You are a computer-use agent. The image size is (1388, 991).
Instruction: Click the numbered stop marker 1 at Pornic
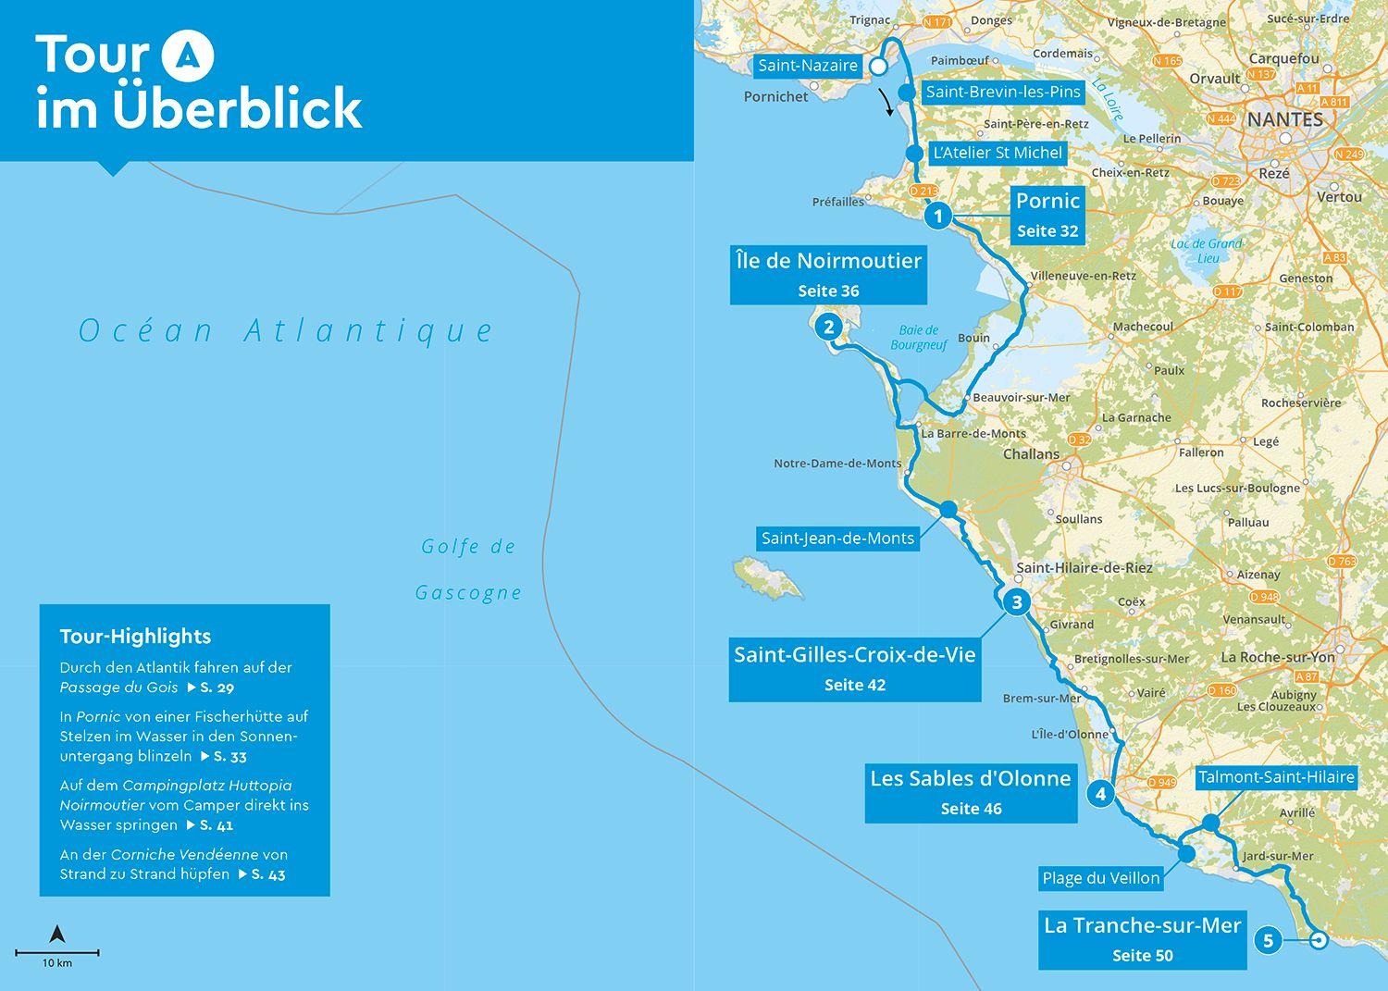click(937, 216)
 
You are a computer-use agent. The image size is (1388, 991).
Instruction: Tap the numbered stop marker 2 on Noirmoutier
click(828, 327)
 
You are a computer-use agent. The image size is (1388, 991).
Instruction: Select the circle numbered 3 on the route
click(1016, 602)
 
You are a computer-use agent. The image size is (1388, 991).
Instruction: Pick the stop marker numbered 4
click(1100, 794)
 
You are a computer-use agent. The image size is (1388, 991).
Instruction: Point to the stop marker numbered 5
click(1268, 941)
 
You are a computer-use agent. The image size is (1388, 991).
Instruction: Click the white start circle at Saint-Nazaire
click(878, 68)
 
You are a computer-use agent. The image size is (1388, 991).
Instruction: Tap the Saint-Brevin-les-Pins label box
click(1003, 92)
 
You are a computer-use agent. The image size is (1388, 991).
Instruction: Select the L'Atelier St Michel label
click(998, 153)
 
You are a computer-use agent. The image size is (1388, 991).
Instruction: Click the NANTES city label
click(1284, 119)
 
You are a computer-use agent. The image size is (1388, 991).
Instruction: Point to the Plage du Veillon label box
click(1100, 878)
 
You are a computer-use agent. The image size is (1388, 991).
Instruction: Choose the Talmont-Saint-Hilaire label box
click(1276, 777)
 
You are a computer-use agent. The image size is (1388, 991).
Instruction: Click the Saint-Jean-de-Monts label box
click(837, 538)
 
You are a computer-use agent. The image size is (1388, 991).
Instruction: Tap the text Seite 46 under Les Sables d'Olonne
click(971, 809)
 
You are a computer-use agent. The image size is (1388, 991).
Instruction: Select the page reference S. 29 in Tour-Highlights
click(218, 688)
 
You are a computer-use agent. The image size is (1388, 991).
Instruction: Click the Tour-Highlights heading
click(135, 637)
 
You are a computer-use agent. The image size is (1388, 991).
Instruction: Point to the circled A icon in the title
click(188, 56)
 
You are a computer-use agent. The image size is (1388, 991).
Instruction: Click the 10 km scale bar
click(57, 952)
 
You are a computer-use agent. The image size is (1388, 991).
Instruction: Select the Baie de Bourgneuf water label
click(918, 338)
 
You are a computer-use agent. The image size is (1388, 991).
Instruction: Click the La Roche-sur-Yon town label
click(1277, 657)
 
